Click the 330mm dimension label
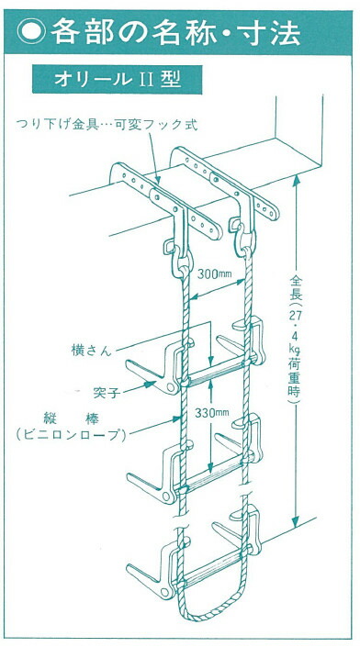pos(212,414)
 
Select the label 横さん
pos(89,350)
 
